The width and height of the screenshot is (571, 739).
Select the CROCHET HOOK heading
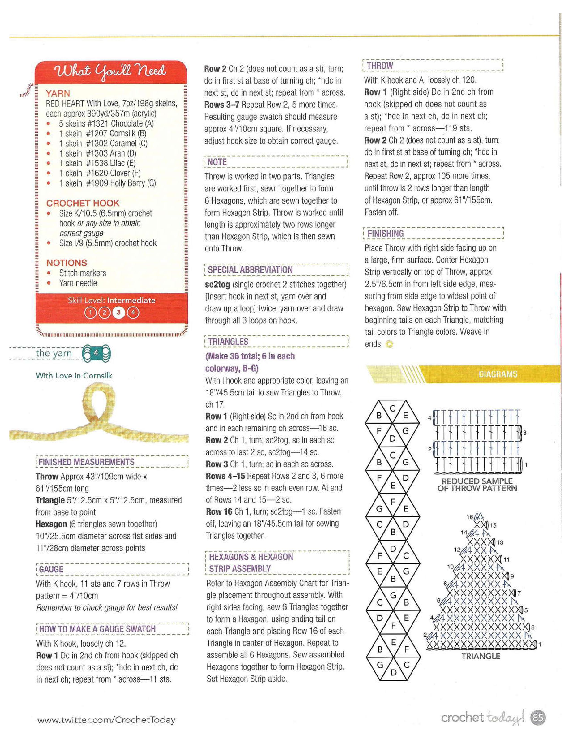click(83, 203)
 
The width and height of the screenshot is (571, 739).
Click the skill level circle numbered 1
click(90, 312)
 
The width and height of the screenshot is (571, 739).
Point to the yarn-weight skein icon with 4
click(97, 353)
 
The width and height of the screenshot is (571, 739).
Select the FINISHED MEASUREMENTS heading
click(86, 462)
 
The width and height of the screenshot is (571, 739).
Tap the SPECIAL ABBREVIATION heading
click(250, 270)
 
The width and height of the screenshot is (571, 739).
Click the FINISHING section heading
click(386, 234)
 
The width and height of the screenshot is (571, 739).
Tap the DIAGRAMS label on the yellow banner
click(498, 374)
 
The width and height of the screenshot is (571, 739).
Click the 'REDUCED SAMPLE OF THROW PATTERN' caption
click(477, 485)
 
